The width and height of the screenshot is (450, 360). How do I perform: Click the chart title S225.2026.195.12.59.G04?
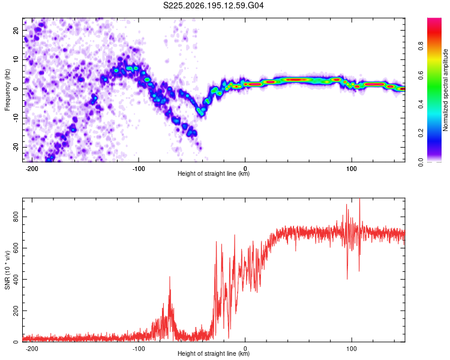click(x=213, y=5)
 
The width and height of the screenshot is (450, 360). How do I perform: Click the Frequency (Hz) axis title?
click(x=7, y=90)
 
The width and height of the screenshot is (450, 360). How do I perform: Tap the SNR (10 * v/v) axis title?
click(x=7, y=270)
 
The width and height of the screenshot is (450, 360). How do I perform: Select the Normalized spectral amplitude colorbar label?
click(x=445, y=90)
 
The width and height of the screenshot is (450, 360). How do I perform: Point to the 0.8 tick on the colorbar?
click(x=421, y=46)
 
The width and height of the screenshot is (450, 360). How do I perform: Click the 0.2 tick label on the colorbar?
click(x=421, y=133)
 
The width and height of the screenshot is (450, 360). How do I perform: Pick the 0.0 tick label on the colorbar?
click(x=421, y=162)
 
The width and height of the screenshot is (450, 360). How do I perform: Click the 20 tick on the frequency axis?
click(x=16, y=30)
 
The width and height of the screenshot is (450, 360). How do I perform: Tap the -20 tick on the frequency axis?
click(x=16, y=147)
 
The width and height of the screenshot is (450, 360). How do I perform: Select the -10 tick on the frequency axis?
click(x=16, y=118)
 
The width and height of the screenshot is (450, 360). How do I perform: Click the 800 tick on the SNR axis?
click(x=16, y=217)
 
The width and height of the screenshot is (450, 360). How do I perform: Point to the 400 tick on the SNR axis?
click(x=16, y=280)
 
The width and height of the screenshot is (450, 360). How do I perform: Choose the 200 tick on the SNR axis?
click(x=16, y=311)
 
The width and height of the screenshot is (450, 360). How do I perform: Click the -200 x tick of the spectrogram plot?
click(x=32, y=169)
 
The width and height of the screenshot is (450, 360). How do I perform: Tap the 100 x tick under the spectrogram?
click(x=351, y=169)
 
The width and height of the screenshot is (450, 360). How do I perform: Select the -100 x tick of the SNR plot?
click(x=139, y=349)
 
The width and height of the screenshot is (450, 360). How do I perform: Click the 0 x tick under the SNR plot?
click(x=245, y=349)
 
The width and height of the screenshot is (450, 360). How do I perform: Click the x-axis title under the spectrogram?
click(x=214, y=173)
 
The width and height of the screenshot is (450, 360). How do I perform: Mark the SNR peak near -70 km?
click(x=170, y=277)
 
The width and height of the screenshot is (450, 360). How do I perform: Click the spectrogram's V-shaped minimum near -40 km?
click(x=202, y=114)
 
